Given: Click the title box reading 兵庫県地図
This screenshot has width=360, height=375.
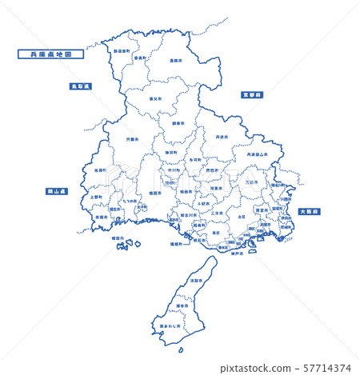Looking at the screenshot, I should click(50, 55).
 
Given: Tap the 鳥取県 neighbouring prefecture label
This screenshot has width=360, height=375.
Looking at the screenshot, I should click(80, 86).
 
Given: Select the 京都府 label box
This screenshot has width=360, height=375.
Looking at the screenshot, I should click(253, 94).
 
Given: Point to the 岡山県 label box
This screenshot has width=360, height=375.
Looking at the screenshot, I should click(58, 192).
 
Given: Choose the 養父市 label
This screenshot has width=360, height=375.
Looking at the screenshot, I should click(155, 98).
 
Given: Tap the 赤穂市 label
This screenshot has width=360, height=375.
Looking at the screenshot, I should click(102, 217).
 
